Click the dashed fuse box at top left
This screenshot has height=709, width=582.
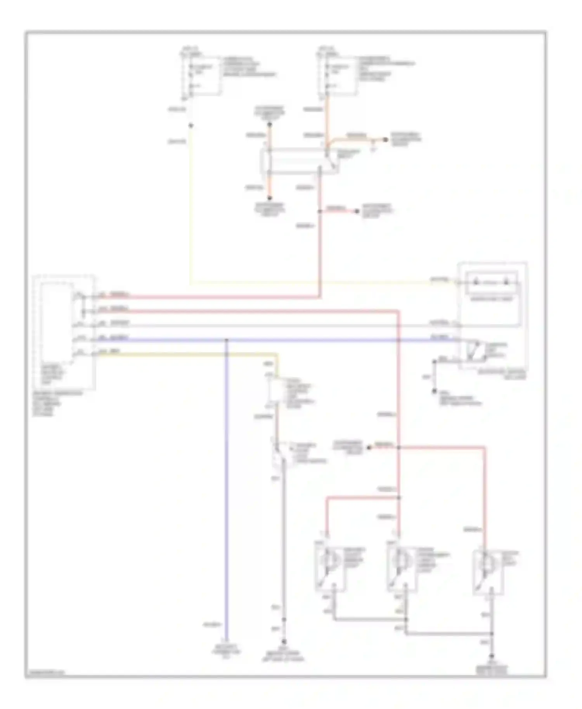click(201, 76)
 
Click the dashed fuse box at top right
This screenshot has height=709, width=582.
click(337, 76)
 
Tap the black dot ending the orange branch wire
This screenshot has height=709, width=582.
click(385, 140)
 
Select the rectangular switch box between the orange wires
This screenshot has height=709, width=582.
click(299, 161)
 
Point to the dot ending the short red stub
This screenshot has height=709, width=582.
click(357, 211)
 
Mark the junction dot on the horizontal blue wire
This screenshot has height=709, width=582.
click(227, 341)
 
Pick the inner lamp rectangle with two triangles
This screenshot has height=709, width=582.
click(491, 283)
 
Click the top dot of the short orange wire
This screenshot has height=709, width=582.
click(270, 125)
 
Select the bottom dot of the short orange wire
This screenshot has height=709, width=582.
click(270, 198)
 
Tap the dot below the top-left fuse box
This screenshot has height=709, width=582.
click(191, 126)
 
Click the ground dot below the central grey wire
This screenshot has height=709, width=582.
click(284, 642)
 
